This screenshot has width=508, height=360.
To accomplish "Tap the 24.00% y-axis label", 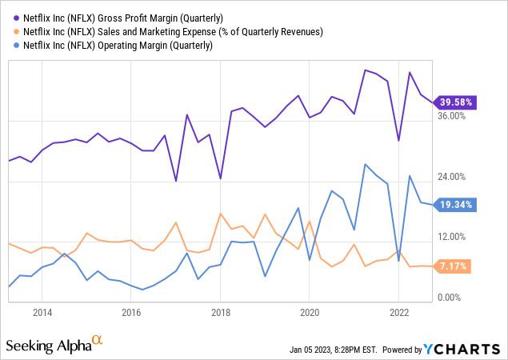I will (x=452, y=176).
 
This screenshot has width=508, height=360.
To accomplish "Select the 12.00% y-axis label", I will (x=452, y=237).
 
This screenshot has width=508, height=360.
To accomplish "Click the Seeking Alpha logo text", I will (x=48, y=346).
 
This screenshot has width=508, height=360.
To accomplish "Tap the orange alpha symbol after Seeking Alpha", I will (x=98, y=341).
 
